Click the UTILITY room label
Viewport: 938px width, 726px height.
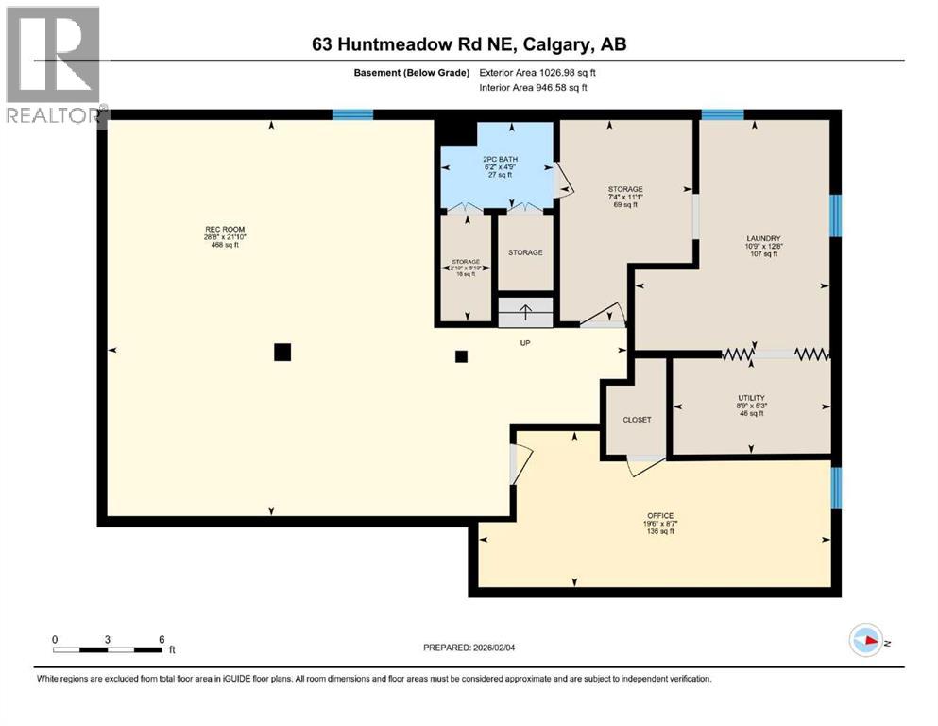751,398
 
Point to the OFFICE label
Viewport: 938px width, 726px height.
659,516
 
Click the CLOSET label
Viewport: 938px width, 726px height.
637,419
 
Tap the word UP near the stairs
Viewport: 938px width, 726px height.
526,343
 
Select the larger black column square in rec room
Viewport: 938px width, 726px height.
281,353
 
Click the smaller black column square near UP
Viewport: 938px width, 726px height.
461,356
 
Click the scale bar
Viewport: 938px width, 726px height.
109,649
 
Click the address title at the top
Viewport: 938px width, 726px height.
469,43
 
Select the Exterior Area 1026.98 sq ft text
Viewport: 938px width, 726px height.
538,73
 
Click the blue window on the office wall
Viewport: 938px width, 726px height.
834,488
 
